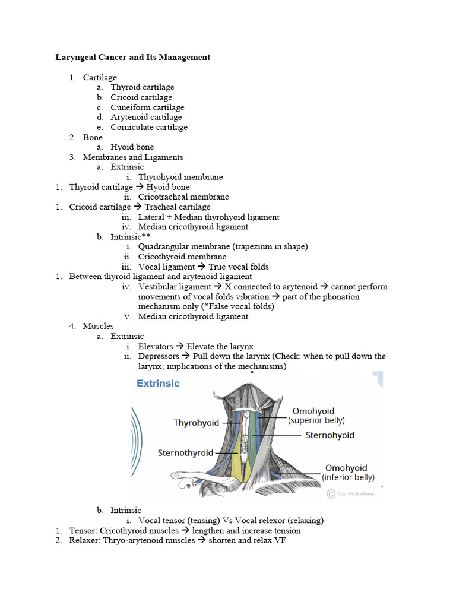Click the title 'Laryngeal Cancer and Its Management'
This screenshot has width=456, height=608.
pos(133,58)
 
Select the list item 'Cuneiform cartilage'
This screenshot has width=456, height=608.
pos(147,107)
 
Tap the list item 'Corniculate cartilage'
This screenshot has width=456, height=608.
pos(148,127)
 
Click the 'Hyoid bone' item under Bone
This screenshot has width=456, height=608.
pos(132,147)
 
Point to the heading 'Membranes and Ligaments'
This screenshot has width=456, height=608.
pos(133,157)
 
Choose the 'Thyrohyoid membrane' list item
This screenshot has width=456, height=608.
pos(180,177)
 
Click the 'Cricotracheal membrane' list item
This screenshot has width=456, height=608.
pos(183,197)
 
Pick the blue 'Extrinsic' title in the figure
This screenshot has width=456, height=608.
pos(158,384)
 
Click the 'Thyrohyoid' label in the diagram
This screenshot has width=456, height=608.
pos(196,423)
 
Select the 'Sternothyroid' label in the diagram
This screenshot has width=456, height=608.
pos(185,453)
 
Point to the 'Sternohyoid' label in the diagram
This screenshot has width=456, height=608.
pos(330,435)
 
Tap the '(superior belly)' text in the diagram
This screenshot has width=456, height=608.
pos(316,420)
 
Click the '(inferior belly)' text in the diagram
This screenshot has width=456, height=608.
pos(348,477)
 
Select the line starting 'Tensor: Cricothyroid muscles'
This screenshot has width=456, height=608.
pos(185,530)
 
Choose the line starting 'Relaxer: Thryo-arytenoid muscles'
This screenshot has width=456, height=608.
pos(178,540)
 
